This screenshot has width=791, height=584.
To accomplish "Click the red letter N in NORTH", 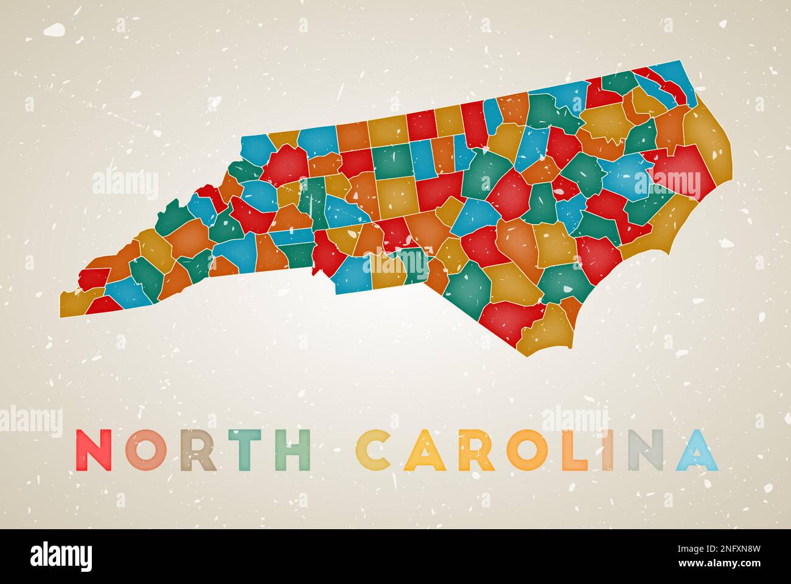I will pyautogui.click(x=97, y=450).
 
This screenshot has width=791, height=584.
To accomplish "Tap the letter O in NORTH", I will pyautogui.click(x=146, y=450).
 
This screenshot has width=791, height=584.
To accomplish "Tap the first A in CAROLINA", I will pyautogui.click(x=423, y=450).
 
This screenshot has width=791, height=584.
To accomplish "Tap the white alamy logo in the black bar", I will pyautogui.click(x=62, y=556).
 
